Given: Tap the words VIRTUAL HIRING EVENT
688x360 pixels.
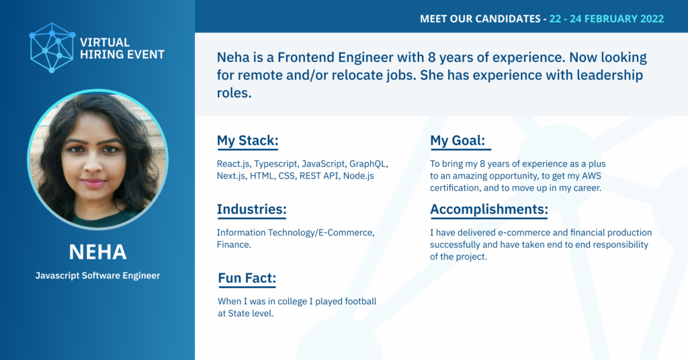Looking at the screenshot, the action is [x=122, y=48].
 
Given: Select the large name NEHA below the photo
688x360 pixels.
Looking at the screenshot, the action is [x=97, y=252].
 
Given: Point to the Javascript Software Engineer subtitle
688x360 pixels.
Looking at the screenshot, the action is [x=97, y=275].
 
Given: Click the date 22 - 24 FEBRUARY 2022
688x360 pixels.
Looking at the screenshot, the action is [x=607, y=19].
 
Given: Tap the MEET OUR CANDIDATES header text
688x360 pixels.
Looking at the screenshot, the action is [x=480, y=19].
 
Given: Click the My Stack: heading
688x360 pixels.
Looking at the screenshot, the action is [x=247, y=141].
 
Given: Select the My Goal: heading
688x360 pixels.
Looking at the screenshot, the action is [x=458, y=140].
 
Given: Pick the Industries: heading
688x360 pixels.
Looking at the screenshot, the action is [x=251, y=209].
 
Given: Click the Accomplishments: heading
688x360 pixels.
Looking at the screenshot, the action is [x=489, y=209].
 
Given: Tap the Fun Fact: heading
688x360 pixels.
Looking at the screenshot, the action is [x=247, y=278].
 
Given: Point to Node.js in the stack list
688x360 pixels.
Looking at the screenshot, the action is [x=359, y=176].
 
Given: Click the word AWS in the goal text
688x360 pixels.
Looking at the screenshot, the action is [x=591, y=176].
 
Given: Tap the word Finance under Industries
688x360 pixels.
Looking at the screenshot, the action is [x=234, y=244].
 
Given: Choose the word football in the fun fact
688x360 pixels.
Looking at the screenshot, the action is [x=361, y=302].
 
